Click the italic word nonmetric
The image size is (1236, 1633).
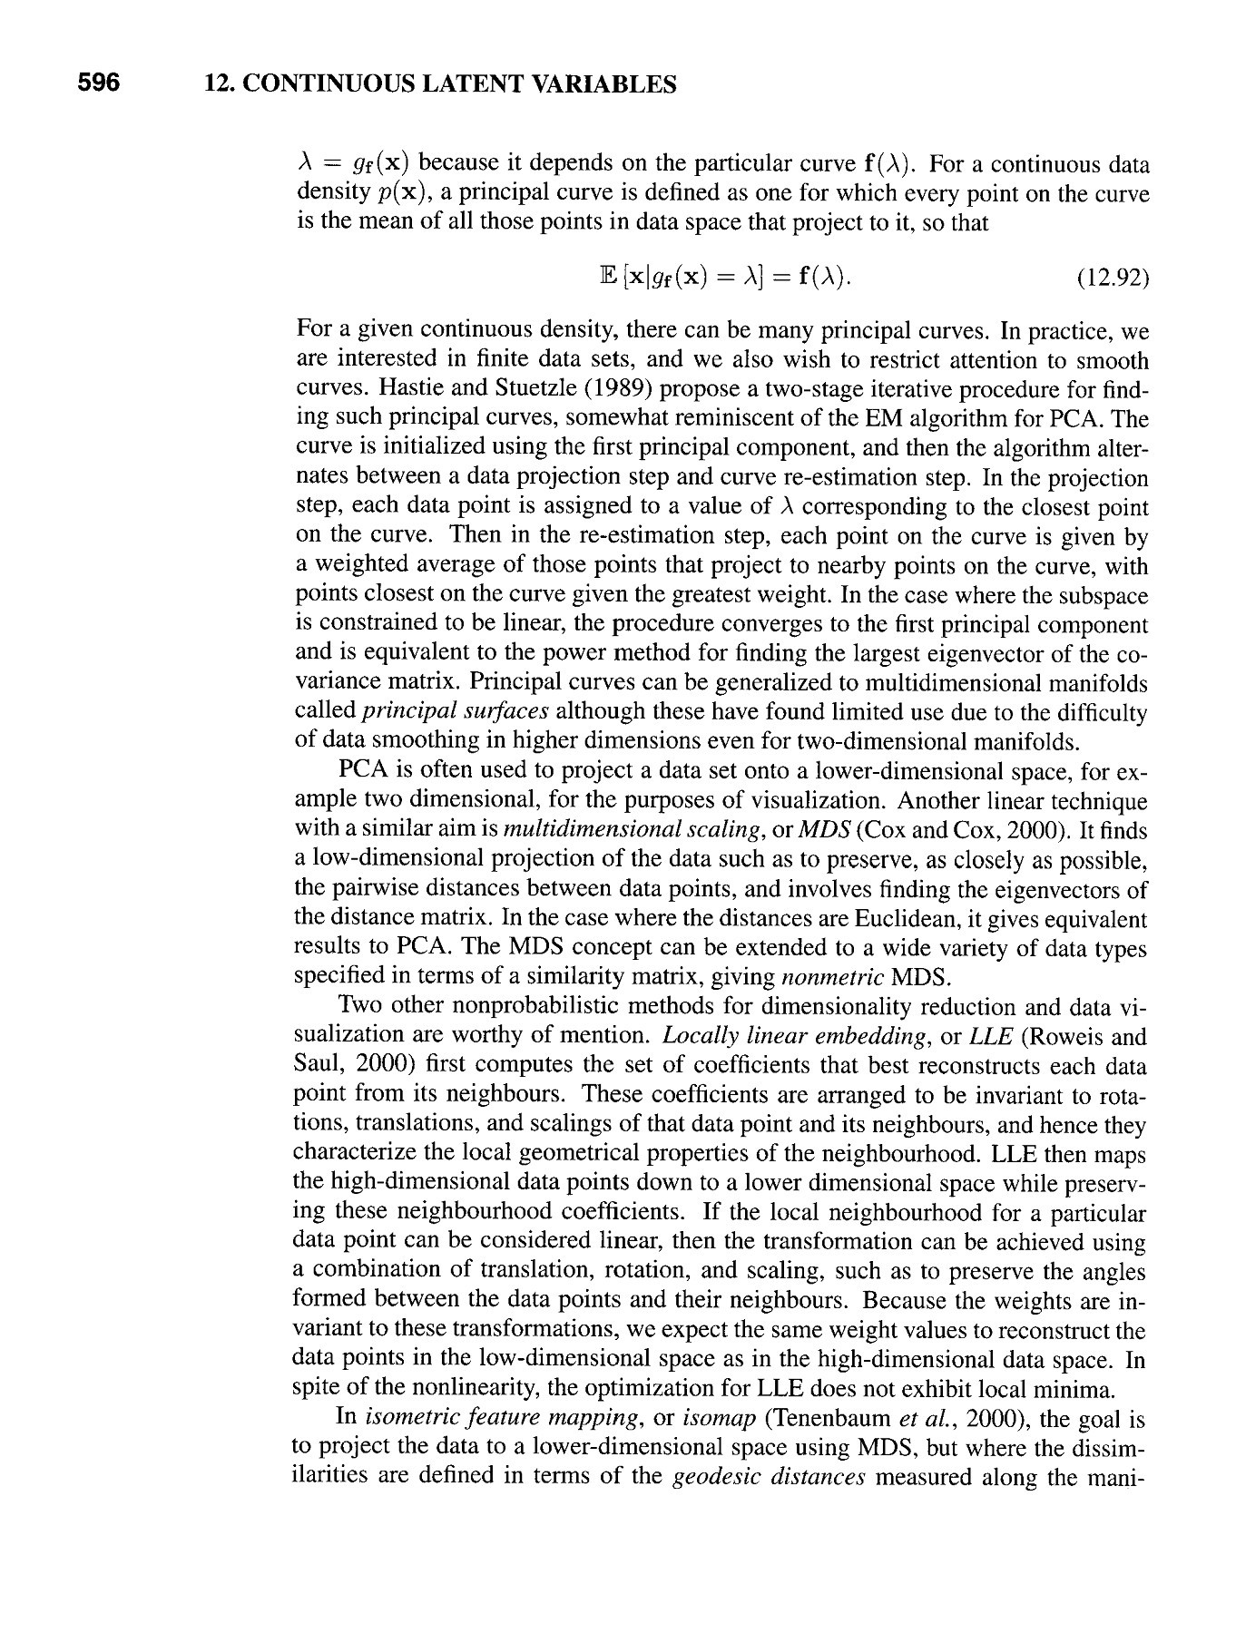[x=833, y=977]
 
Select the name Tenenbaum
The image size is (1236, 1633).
[x=825, y=1417]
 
